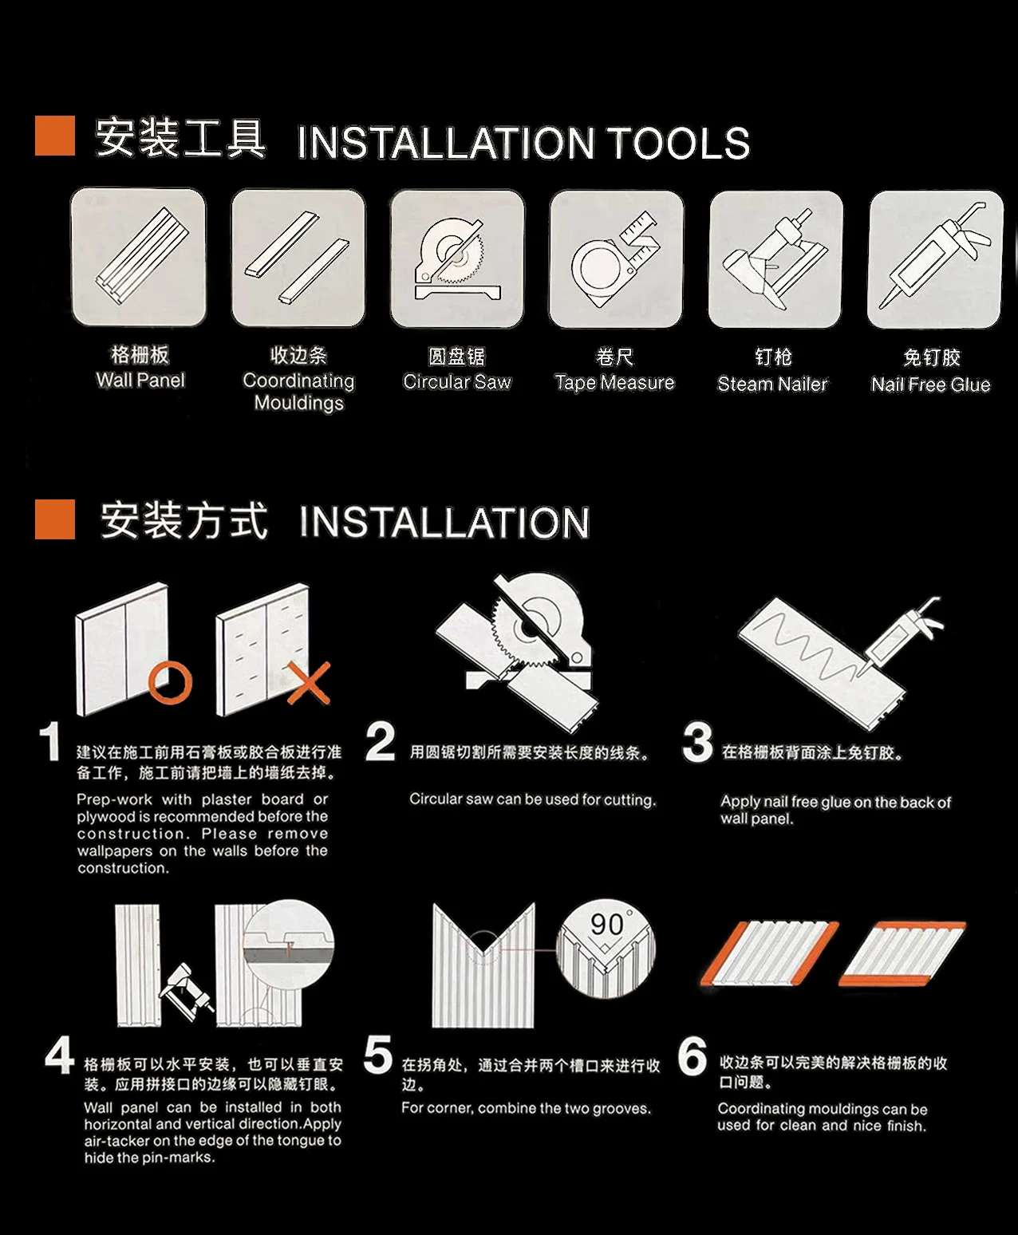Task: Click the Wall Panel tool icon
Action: click(x=138, y=257)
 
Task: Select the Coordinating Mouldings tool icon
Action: click(x=298, y=258)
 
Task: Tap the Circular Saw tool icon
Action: click(x=457, y=258)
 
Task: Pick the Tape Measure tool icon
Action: click(x=616, y=259)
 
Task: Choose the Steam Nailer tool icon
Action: click(x=775, y=259)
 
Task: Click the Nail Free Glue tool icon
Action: click(x=935, y=259)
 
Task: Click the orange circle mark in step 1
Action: click(x=171, y=683)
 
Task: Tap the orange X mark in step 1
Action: click(x=309, y=683)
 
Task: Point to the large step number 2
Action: click(x=381, y=742)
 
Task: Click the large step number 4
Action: click(x=59, y=1055)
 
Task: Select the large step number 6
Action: click(x=692, y=1055)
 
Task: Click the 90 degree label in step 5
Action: click(x=609, y=924)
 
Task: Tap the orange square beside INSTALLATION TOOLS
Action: click(x=55, y=136)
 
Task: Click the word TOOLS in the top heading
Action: click(x=679, y=143)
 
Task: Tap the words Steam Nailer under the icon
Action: click(x=772, y=384)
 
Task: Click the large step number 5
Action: click(x=378, y=1055)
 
